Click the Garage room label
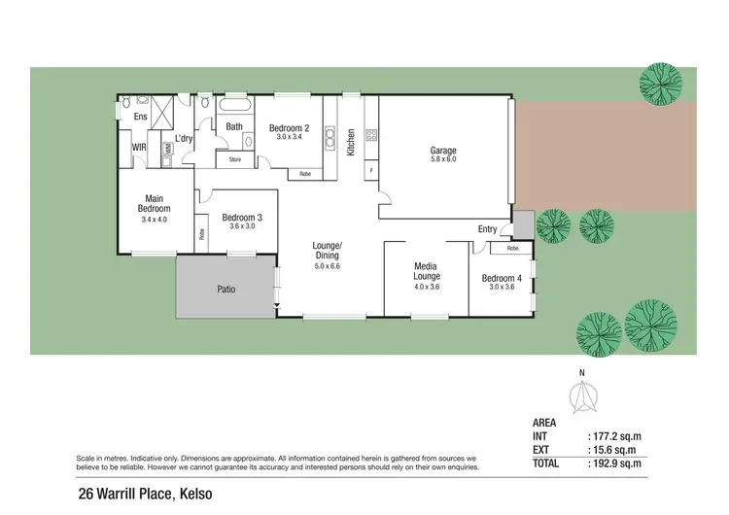point(443,151)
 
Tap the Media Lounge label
point(425,271)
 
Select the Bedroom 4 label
point(502,279)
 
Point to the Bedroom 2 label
point(289,128)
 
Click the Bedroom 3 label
point(241,217)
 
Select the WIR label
point(139,148)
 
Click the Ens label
point(140,117)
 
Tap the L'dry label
point(185,138)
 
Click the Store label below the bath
point(234,159)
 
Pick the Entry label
point(487,229)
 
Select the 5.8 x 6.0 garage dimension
point(443,159)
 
